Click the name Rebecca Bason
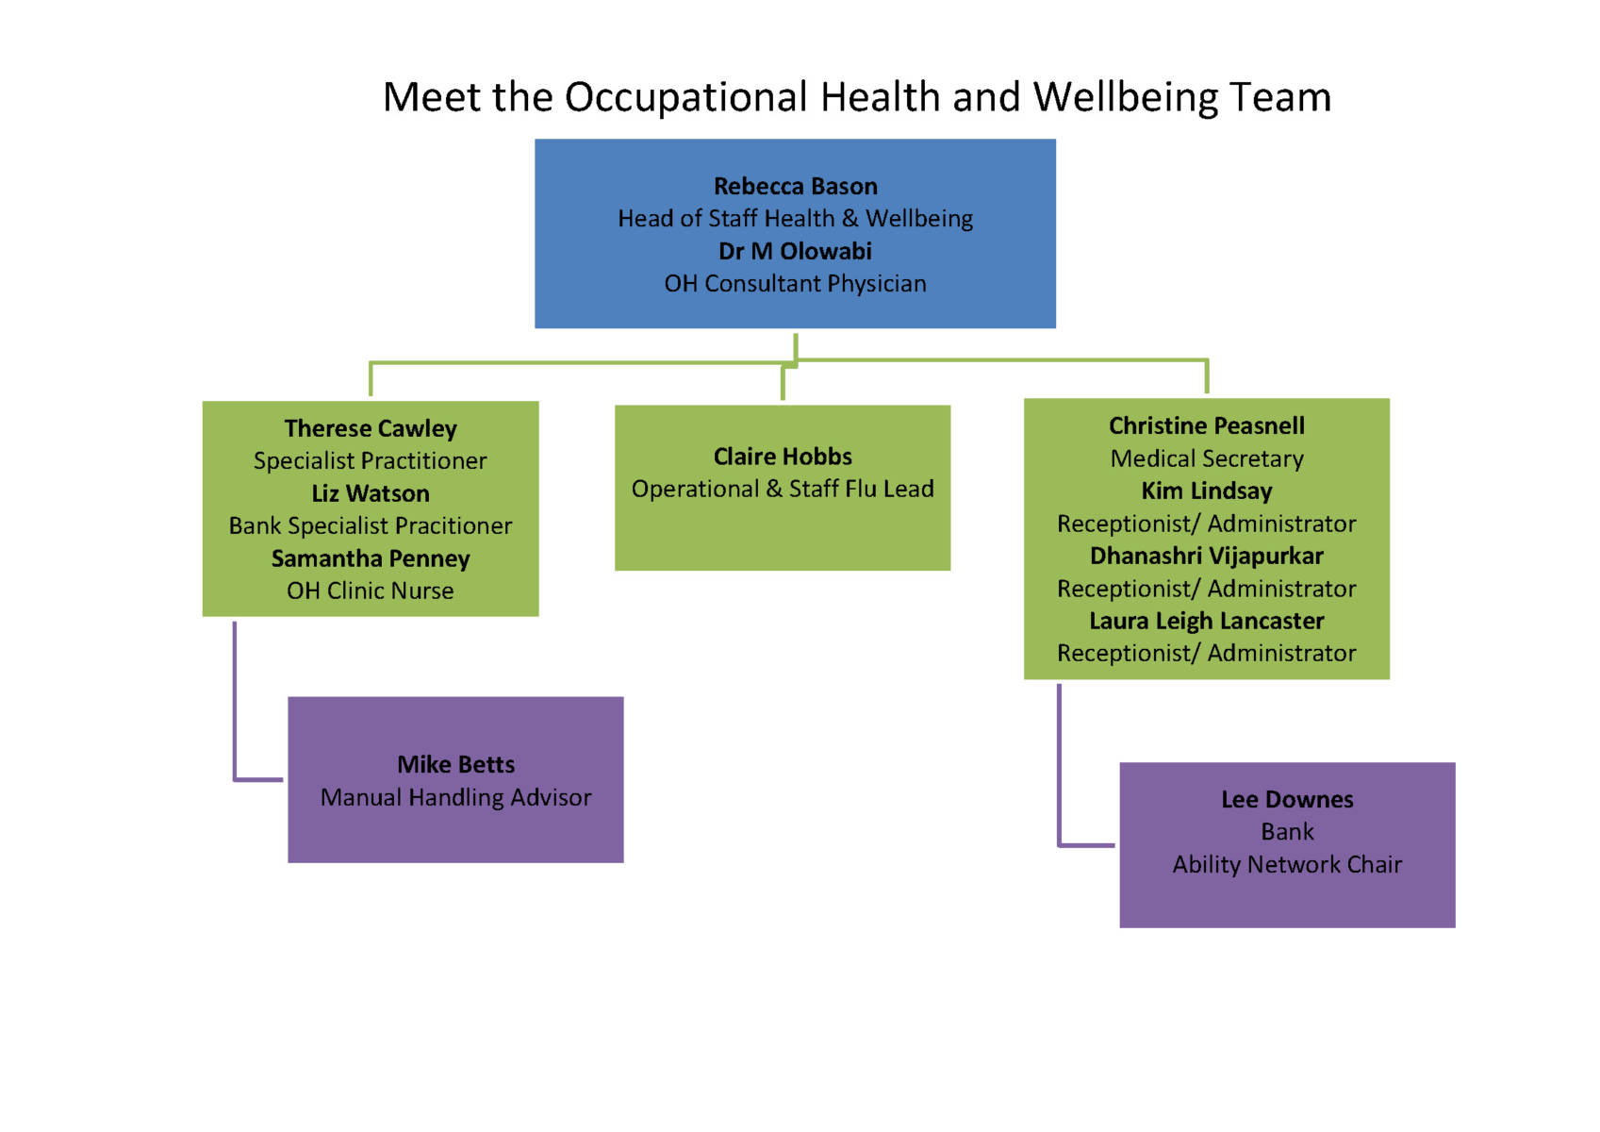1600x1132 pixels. coord(795,186)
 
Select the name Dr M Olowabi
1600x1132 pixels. coord(795,251)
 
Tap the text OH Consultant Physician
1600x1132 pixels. coord(795,284)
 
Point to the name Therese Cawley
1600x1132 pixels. coord(370,428)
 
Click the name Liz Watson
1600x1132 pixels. coord(370,493)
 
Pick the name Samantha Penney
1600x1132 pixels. coord(370,558)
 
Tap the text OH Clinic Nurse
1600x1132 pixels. coord(370,591)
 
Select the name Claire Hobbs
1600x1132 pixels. coord(783,456)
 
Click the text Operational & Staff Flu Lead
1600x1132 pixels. coord(783,489)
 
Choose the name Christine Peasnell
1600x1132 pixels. coord(1207,426)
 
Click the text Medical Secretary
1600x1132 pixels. coord(1207,458)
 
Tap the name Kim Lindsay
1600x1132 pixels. coord(1207,491)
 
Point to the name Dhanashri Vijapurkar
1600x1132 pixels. coord(1207,556)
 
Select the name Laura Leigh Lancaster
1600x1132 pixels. coord(1207,621)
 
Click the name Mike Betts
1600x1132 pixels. coord(455,765)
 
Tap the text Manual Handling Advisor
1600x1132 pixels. coord(455,797)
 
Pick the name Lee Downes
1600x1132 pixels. coord(1287,799)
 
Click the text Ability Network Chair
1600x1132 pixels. coord(1287,865)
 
